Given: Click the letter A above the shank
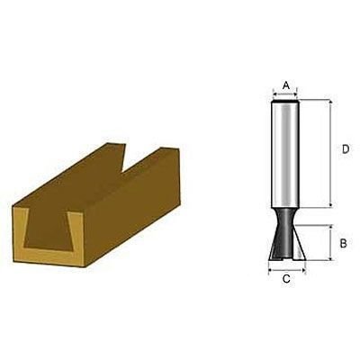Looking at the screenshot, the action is click(286, 85).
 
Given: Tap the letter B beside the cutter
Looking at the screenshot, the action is click(343, 243).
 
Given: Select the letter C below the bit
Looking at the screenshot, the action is click(286, 279).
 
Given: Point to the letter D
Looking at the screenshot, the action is click(346, 149).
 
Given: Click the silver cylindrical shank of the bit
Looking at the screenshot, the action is click(285, 154).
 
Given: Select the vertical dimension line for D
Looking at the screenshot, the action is click(330, 154).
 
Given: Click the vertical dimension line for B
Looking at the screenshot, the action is click(330, 243).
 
